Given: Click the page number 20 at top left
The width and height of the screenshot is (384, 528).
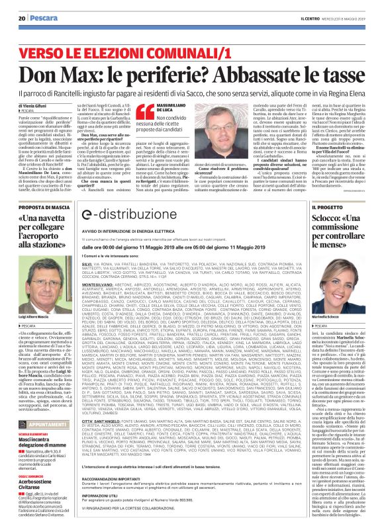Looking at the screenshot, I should [22, 17].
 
